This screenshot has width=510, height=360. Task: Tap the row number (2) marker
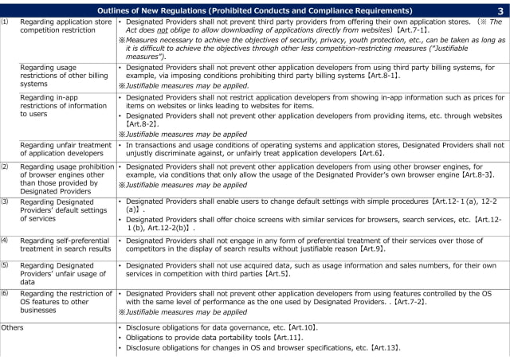6,166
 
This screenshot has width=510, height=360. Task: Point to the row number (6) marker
6,293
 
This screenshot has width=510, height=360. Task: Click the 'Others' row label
12,327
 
